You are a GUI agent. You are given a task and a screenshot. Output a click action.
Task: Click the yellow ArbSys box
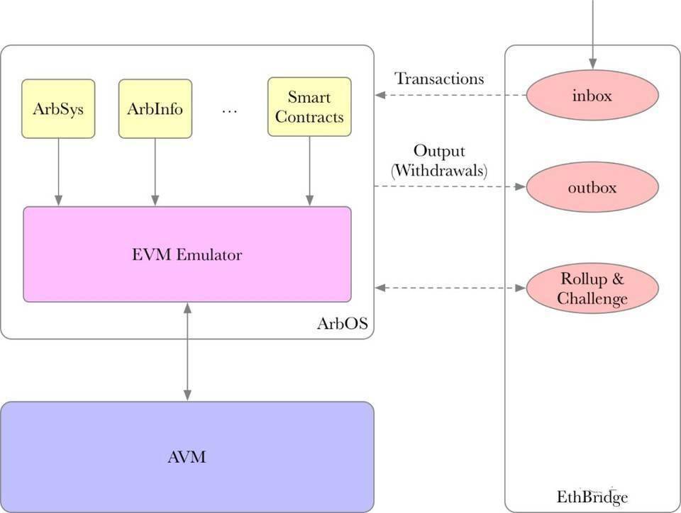58,108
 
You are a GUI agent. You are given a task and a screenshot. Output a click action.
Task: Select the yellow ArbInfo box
155,108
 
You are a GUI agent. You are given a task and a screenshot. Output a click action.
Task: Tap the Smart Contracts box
309,107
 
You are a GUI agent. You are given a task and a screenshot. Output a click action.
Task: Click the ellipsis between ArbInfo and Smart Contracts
229,110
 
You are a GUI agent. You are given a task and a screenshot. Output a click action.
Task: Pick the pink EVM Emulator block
187,254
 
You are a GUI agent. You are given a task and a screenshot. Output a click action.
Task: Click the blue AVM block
187,456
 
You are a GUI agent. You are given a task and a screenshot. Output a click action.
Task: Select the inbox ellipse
592,95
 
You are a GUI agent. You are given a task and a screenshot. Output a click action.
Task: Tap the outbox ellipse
592,188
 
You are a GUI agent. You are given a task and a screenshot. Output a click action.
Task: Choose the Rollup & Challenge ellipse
592,288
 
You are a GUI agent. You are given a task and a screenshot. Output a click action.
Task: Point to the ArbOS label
342,324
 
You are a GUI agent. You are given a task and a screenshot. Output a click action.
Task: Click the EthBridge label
592,497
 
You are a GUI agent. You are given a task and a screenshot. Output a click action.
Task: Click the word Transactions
439,78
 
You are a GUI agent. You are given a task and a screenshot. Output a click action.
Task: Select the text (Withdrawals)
439,170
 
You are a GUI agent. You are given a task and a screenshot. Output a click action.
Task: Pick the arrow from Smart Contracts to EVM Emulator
309,170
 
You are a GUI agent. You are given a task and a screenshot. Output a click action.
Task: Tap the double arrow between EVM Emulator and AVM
187,351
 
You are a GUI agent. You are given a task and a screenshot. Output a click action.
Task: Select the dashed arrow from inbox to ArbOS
450,95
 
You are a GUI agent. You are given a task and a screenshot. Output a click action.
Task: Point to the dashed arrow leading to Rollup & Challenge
450,288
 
